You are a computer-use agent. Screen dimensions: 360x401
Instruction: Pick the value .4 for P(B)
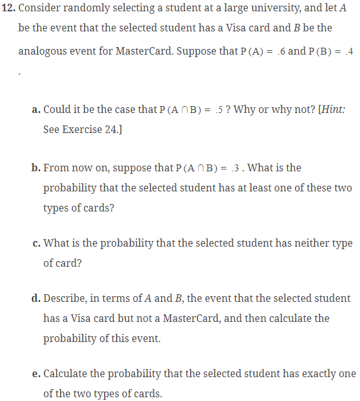(x=350, y=50)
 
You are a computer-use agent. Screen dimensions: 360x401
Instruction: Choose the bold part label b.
(x=36, y=168)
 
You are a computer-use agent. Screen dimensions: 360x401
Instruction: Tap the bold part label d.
(x=36, y=298)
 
